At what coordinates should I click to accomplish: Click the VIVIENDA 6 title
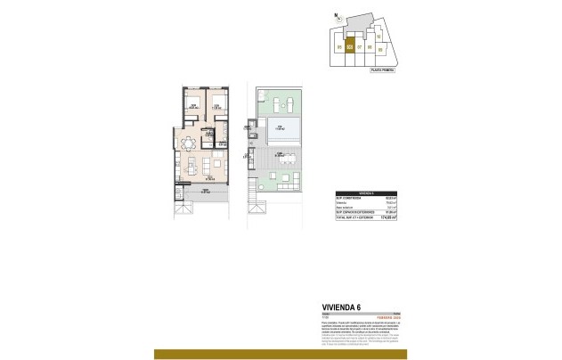coord(341,307)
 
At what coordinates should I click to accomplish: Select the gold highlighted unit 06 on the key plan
coord(350,47)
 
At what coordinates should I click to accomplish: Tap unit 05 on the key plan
coord(340,46)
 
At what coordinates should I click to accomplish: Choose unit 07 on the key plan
coord(359,46)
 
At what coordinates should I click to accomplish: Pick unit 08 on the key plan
coord(368,46)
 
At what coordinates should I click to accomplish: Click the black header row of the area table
coord(363,192)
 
